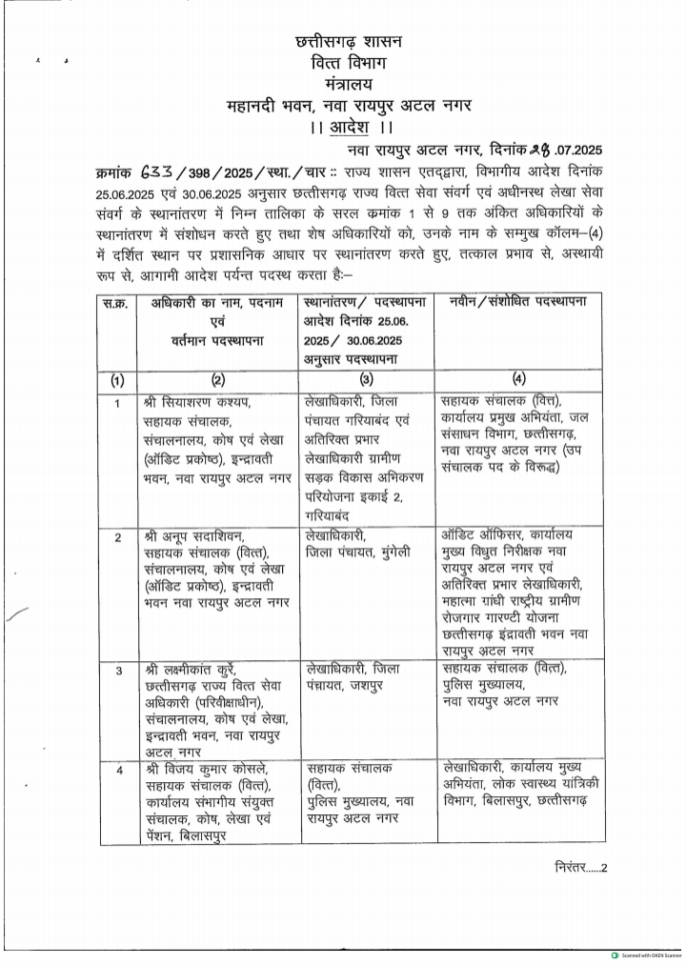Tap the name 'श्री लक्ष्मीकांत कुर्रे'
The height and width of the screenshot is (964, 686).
coord(193,671)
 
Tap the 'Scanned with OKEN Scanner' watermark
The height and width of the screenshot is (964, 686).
coord(646,954)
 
